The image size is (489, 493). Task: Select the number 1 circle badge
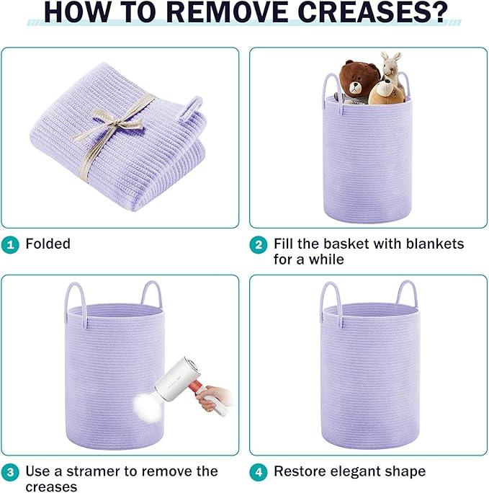pos(10,244)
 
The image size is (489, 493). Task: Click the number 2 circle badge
pos(259,244)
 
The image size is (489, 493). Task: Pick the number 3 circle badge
pos(10,472)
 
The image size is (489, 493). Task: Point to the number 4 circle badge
pos(259,472)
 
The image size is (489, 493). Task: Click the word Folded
pos(48,244)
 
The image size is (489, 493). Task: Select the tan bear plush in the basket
pos(386,92)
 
